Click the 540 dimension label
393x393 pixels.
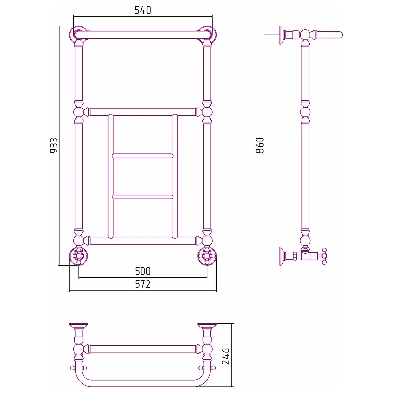(x=143, y=10)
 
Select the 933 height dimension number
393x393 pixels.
(x=54, y=145)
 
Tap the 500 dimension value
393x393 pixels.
(x=143, y=271)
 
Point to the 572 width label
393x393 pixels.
(x=143, y=284)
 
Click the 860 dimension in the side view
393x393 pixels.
(x=260, y=145)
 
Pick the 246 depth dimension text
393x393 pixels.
(x=226, y=356)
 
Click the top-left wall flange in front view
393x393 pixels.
(x=78, y=34)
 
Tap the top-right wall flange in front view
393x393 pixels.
(x=207, y=34)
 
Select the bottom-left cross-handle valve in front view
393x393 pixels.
(x=79, y=256)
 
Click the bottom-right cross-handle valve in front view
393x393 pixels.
(x=207, y=256)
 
